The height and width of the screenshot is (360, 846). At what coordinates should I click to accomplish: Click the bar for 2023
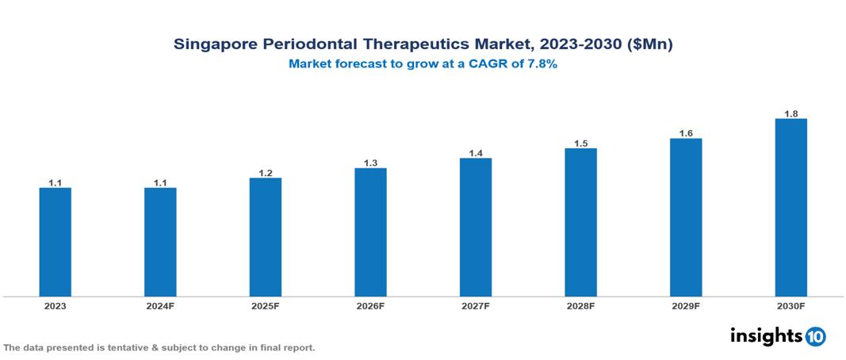tap(55, 242)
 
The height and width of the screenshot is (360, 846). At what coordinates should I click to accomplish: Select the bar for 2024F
tap(160, 242)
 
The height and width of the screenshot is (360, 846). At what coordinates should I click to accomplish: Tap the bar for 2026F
tap(370, 232)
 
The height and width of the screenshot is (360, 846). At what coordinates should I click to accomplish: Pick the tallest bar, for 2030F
tap(790, 208)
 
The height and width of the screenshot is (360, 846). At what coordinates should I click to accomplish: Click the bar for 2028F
tap(580, 222)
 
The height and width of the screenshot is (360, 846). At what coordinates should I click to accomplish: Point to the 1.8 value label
tap(790, 113)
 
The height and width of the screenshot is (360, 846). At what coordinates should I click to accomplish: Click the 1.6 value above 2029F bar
tap(686, 133)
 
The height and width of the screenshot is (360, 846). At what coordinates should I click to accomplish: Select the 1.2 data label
tap(266, 173)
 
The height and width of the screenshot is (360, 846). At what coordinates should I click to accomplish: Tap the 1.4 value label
tap(476, 153)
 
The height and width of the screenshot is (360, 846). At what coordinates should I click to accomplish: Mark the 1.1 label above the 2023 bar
tap(55, 182)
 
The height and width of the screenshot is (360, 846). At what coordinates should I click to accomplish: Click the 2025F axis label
tap(266, 305)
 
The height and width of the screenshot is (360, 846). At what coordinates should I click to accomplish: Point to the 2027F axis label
tap(476, 305)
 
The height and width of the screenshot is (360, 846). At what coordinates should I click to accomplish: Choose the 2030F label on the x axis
tap(790, 305)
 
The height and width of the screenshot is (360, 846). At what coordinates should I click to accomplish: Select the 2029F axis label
tap(686, 305)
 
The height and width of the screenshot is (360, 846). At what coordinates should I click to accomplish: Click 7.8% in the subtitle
tap(540, 64)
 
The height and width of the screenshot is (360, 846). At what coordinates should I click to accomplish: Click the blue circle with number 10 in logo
tap(815, 336)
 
